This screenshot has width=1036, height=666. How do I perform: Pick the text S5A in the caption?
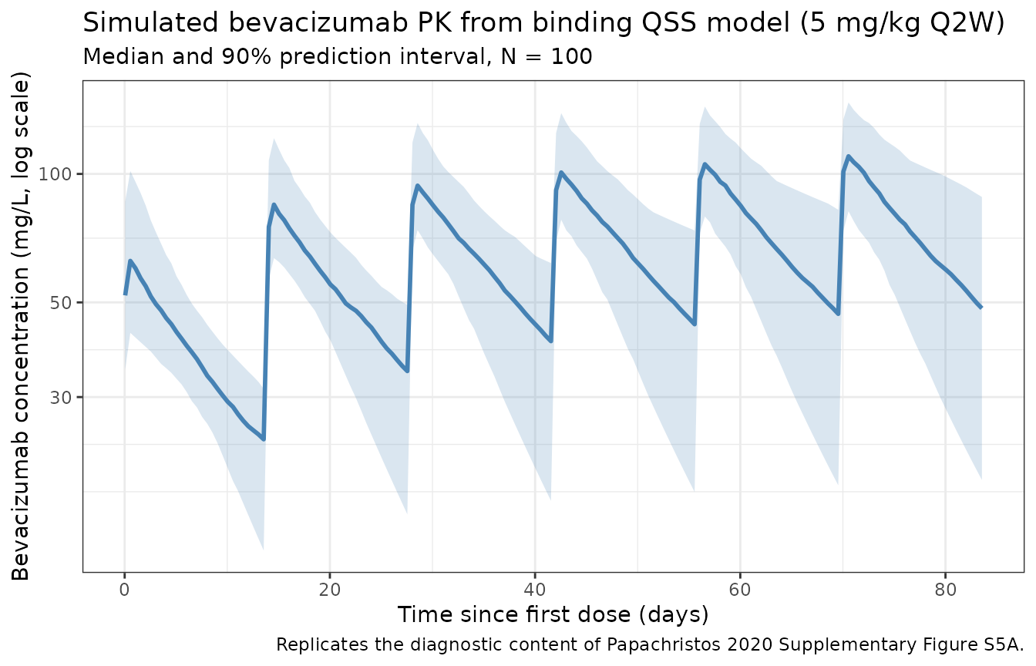pyautogui.click(x=1003, y=644)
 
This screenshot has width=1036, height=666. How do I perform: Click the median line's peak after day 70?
pyautogui.click(x=849, y=156)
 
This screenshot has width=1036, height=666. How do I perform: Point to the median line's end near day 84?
pyautogui.click(x=981, y=308)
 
